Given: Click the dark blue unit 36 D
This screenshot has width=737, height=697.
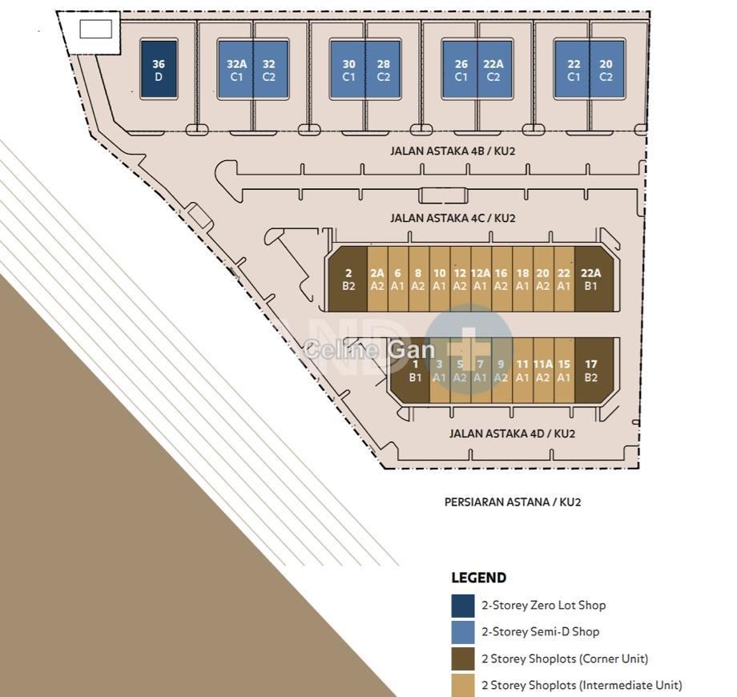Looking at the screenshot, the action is click(159, 69).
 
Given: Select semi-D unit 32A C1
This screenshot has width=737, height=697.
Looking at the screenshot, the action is click(236, 70).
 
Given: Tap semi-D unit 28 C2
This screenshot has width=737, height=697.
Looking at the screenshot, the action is click(383, 70).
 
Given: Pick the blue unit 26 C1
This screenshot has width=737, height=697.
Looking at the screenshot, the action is click(460, 70).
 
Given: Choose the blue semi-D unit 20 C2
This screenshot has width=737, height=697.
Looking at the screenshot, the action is click(606, 70).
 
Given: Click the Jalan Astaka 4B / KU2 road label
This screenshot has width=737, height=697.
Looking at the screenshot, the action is click(453, 151).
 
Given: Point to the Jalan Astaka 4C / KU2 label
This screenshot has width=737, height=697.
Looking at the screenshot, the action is click(453, 218).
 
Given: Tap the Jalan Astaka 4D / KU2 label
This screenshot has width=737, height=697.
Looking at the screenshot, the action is click(512, 433).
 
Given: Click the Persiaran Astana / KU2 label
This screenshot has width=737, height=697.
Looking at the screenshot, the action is click(513, 502).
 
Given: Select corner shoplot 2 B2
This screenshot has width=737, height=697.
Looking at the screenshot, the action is click(348, 279).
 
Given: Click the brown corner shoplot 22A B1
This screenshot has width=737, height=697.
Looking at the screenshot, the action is click(594, 279).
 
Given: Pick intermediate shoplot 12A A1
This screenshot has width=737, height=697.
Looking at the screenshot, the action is click(481, 279).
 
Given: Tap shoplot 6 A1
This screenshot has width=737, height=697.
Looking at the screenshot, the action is click(398, 279).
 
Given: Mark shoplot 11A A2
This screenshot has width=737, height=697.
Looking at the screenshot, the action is click(543, 370).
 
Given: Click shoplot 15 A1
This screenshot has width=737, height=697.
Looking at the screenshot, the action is click(564, 370).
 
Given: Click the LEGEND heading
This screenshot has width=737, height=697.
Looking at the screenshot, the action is click(478, 578).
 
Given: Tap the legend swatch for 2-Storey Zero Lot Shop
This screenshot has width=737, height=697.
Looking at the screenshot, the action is click(463, 606).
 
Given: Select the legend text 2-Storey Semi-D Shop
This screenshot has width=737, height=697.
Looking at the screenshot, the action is click(540, 631).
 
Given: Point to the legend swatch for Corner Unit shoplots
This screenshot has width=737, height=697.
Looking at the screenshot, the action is click(463, 659).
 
